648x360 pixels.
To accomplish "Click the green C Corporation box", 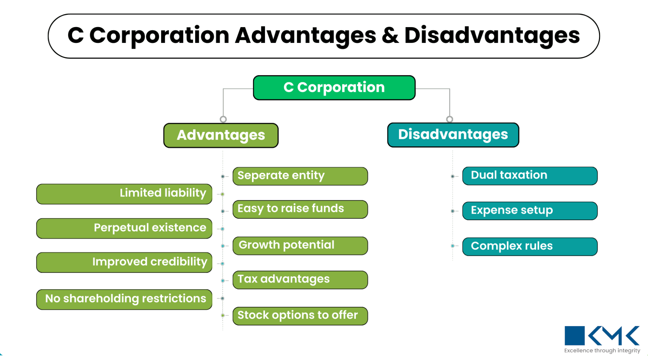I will pyautogui.click(x=334, y=88).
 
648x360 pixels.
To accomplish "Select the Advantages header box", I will pyautogui.click(x=221, y=135).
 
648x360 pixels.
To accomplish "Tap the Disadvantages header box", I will pyautogui.click(x=453, y=135).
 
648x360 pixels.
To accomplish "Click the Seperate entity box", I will pyautogui.click(x=300, y=176).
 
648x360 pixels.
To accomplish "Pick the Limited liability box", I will pyautogui.click(x=124, y=194).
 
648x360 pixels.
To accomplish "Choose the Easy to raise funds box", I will pyautogui.click(x=300, y=209).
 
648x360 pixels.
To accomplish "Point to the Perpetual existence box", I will pyautogui.click(x=124, y=228).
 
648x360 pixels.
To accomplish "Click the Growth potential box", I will pyautogui.click(x=300, y=245).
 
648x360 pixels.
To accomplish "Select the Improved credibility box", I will pyautogui.click(x=124, y=263).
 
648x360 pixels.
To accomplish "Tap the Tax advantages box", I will pyautogui.click(x=300, y=280).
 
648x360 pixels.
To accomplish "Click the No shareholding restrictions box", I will pyautogui.click(x=124, y=299).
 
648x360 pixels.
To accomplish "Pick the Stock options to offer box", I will pyautogui.click(x=300, y=316).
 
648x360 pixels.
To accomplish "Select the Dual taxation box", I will pyautogui.click(x=530, y=176).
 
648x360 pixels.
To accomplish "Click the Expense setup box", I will pyautogui.click(x=530, y=211).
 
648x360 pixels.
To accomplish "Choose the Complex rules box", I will pyautogui.click(x=530, y=247).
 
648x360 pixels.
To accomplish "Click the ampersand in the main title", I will pyautogui.click(x=390, y=36).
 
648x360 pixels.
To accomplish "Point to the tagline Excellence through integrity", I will pyautogui.click(x=602, y=350).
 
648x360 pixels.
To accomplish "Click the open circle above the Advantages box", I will pyautogui.click(x=223, y=119).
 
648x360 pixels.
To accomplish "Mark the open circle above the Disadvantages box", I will pyautogui.click(x=449, y=119).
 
